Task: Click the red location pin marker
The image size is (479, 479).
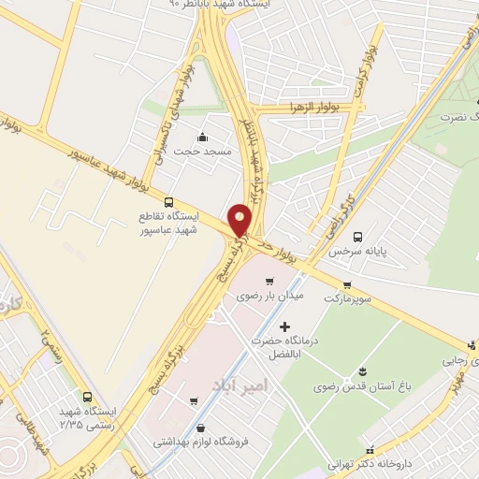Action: point(240,219)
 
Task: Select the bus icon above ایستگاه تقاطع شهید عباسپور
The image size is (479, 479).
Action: point(168,201)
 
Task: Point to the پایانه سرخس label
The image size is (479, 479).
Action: point(356,252)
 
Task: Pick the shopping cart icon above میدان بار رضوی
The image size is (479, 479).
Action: point(269,281)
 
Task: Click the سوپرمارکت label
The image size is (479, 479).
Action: point(346,299)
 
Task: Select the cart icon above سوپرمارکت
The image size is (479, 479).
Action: point(348,285)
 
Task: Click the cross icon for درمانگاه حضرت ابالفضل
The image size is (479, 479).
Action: point(285,326)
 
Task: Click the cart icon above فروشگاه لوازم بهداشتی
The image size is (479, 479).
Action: point(194,402)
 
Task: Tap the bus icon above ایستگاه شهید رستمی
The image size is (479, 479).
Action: point(87,396)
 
